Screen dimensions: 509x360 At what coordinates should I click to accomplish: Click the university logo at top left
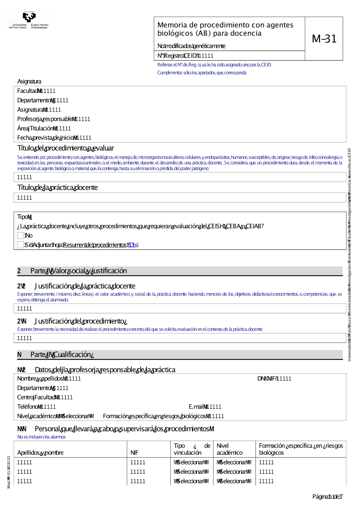(x=29, y=20)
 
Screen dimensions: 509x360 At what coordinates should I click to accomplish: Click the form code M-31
(x=324, y=39)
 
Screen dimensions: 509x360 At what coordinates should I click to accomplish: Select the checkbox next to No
(x=21, y=236)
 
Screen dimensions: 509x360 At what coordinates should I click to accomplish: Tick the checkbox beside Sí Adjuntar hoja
(x=21, y=245)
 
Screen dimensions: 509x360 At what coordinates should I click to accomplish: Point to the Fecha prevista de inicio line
(x=54, y=138)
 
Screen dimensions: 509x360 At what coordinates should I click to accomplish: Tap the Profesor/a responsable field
(x=54, y=119)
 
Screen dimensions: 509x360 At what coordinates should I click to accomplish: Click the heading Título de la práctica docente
(x=58, y=188)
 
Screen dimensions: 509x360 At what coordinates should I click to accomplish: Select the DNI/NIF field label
(x=266, y=379)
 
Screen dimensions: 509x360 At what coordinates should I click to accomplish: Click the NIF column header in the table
(x=134, y=453)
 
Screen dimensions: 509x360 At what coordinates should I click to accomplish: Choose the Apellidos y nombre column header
(x=40, y=453)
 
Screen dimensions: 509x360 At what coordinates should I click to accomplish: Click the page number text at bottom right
(x=327, y=497)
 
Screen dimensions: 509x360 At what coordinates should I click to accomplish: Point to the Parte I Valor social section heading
(x=78, y=271)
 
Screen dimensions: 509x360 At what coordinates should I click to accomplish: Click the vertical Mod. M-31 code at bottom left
(x=9, y=472)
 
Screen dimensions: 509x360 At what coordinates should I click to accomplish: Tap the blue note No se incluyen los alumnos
(x=41, y=437)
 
